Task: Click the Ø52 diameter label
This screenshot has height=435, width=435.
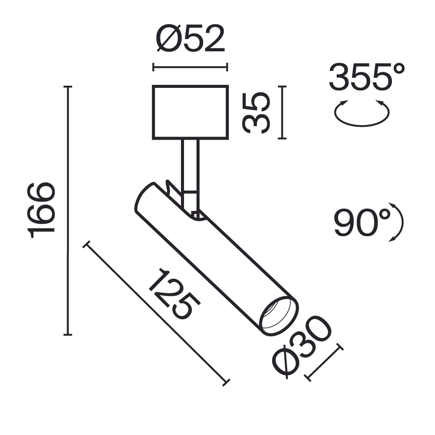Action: (190, 39)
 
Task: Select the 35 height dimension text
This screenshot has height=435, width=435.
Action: (257, 113)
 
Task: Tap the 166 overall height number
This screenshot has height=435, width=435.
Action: (42, 211)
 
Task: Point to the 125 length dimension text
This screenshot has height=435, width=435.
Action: (174, 294)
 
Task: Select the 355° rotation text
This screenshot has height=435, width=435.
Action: (367, 77)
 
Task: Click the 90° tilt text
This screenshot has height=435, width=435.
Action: (362, 222)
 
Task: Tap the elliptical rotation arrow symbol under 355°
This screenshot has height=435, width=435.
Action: (361, 114)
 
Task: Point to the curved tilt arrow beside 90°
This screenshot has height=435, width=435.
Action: (397, 222)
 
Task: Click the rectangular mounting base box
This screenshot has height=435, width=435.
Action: (190, 112)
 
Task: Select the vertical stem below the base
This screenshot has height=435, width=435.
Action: (191, 165)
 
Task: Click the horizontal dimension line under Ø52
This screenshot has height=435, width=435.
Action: (190, 67)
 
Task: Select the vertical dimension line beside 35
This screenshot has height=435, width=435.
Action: (283, 113)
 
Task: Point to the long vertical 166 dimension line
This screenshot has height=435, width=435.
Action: (67, 211)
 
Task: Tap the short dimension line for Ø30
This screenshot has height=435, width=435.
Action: (325, 362)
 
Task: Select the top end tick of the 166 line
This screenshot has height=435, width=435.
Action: (67, 87)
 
